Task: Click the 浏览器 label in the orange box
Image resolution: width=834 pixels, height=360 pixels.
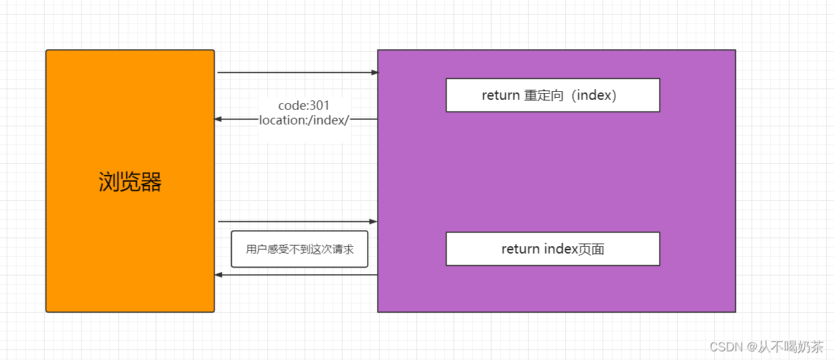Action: tap(130, 182)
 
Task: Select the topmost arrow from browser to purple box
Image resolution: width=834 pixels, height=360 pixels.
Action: tap(297, 73)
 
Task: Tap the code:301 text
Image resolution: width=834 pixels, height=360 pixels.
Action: tap(304, 105)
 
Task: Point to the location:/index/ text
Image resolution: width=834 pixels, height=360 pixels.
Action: tap(304, 120)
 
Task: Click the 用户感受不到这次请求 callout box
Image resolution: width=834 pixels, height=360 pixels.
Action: tap(299, 249)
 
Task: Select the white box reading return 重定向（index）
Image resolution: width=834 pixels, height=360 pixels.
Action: tap(552, 95)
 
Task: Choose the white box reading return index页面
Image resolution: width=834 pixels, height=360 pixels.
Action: tap(552, 249)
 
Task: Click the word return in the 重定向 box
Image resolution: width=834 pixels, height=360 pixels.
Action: tap(500, 95)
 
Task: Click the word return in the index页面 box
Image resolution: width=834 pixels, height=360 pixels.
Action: tap(520, 249)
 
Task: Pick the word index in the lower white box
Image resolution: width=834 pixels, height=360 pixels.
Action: tap(561, 249)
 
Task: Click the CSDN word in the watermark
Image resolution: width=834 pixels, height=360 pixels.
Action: tap(726, 347)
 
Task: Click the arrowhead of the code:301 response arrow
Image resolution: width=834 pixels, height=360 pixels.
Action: tap(218, 119)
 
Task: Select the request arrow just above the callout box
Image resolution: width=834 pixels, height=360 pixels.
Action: tap(297, 221)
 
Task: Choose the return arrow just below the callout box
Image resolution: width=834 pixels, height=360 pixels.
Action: tap(297, 274)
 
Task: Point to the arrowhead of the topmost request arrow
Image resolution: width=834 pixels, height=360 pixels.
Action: tap(374, 73)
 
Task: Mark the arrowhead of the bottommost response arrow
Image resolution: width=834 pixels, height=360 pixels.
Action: tap(218, 274)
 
